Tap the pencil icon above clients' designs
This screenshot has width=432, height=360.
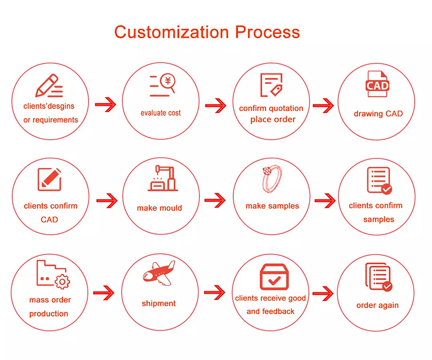49,86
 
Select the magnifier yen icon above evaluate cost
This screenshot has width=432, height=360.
161,86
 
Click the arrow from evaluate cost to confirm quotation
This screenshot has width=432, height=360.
215,105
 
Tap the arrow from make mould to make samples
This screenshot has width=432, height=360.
215,200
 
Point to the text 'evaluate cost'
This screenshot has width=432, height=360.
160,113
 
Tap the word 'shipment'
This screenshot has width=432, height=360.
159,303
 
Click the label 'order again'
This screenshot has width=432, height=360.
377,305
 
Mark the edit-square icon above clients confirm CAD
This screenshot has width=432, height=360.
49,180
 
